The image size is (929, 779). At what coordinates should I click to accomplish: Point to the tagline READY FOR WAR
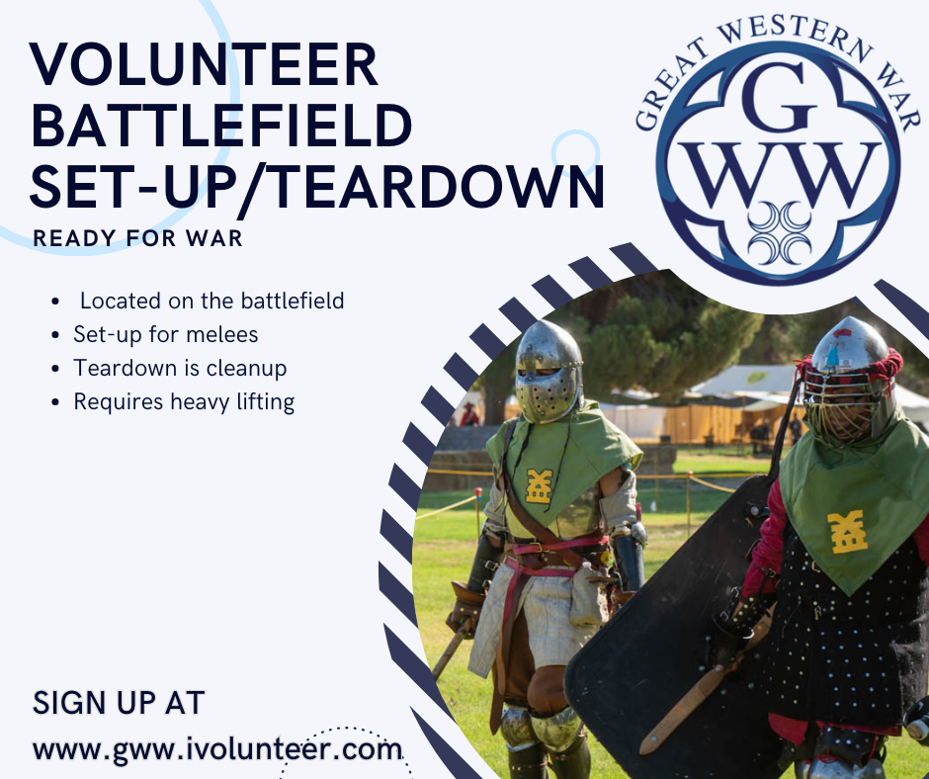[x=137, y=238]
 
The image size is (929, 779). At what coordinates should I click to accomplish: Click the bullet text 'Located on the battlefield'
[x=211, y=301]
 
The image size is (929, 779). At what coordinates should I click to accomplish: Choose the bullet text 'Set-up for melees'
[x=165, y=334]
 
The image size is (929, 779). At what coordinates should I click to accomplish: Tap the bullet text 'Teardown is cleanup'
[x=180, y=368]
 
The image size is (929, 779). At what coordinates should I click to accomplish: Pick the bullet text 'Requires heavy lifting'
[x=184, y=402]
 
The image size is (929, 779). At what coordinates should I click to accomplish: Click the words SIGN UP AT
[x=119, y=703]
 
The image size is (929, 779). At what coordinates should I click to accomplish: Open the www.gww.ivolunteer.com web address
[x=217, y=749]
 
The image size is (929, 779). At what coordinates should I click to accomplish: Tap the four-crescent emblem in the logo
[x=779, y=233]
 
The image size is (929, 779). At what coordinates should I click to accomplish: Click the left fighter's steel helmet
[x=549, y=372]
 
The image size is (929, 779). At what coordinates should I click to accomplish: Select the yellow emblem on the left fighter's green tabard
[x=540, y=486]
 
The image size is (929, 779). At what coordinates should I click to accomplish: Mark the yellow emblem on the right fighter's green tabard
[x=847, y=532]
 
